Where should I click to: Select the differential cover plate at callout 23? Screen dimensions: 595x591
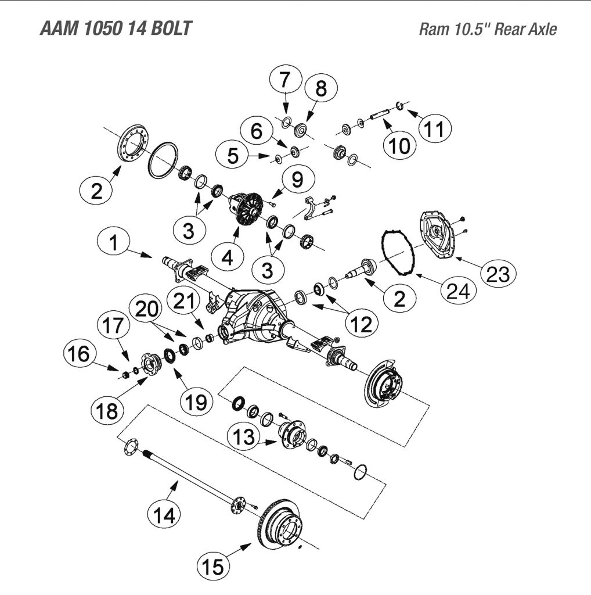coord(438,235)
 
